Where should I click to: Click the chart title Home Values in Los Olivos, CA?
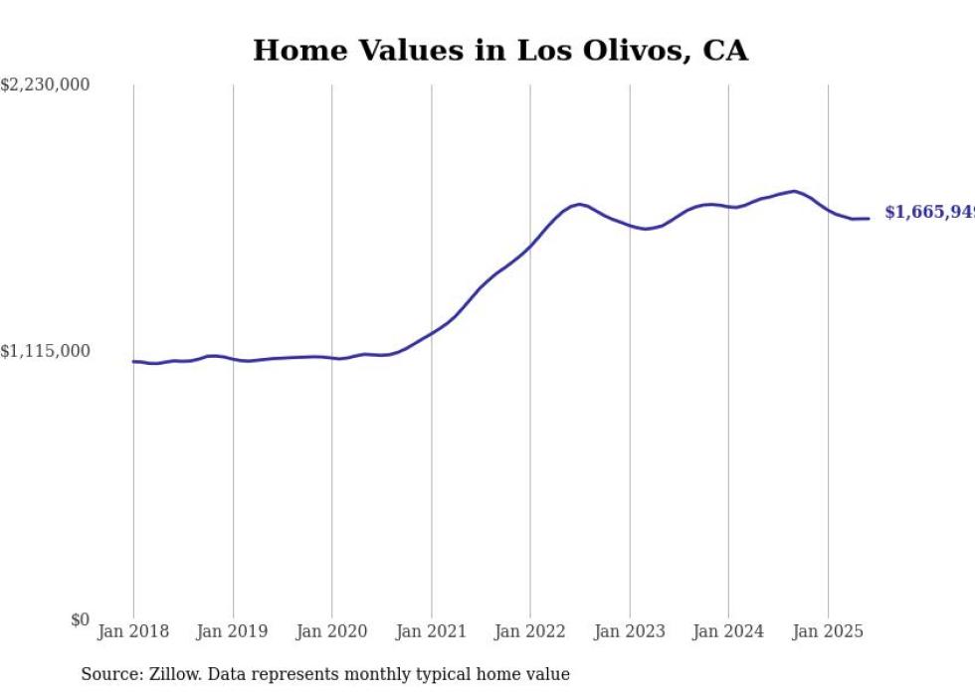pyautogui.click(x=499, y=50)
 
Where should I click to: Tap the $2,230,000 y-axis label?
pyautogui.click(x=45, y=86)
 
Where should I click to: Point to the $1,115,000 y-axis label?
pyautogui.click(x=45, y=351)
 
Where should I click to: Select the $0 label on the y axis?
pyautogui.click(x=80, y=619)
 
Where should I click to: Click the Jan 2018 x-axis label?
pyautogui.click(x=133, y=631)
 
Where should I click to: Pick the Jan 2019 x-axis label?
pyautogui.click(x=233, y=631)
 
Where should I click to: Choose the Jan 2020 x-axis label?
pyautogui.click(x=331, y=631)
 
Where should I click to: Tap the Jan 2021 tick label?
pyautogui.click(x=431, y=631)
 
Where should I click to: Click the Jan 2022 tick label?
pyautogui.click(x=529, y=631)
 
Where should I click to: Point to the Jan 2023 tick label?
pyautogui.click(x=629, y=631)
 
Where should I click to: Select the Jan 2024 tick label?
pyautogui.click(x=728, y=631)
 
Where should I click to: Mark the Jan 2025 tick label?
pyautogui.click(x=827, y=631)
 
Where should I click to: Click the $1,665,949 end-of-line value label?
pyautogui.click(x=929, y=213)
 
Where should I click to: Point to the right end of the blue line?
pyautogui.click(x=869, y=219)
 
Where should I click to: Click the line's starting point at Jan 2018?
pyautogui.click(x=133, y=361)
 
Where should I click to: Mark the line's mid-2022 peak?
pyautogui.click(x=579, y=204)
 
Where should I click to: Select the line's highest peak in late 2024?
pyautogui.click(x=794, y=191)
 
